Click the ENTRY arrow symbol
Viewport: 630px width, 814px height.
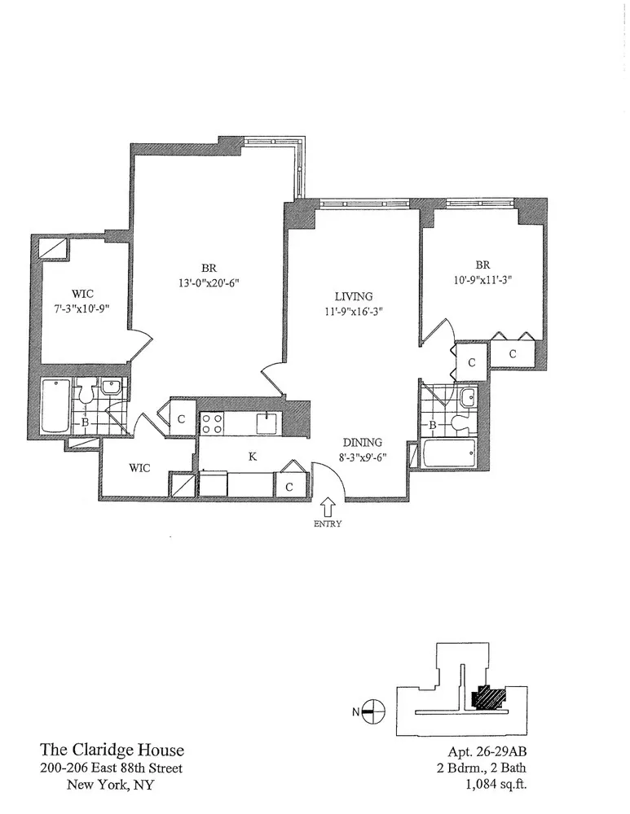(x=328, y=508)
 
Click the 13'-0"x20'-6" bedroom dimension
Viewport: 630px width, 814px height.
(x=208, y=282)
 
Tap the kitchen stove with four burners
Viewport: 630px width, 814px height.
(x=213, y=423)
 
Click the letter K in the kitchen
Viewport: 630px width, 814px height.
(x=253, y=457)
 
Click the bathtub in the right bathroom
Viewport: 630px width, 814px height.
(x=449, y=454)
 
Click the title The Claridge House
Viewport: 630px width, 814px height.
(x=112, y=750)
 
